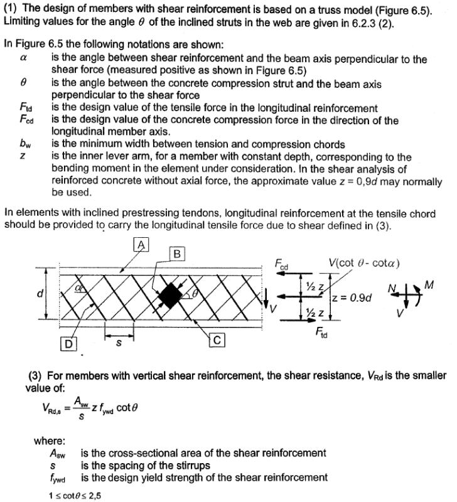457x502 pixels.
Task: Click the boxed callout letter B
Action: (178, 254)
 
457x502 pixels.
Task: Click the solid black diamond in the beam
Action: (171, 295)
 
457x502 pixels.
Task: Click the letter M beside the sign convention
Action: (429, 286)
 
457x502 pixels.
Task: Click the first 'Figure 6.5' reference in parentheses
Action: (398, 14)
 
